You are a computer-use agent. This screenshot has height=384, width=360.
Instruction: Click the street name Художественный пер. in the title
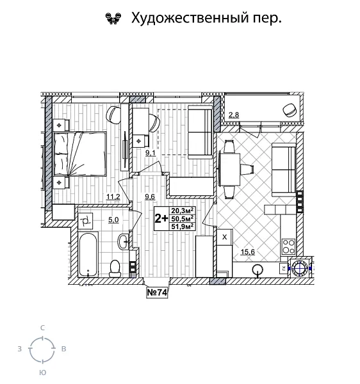pos(206,18)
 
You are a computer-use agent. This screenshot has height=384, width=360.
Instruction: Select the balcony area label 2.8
pos(234,115)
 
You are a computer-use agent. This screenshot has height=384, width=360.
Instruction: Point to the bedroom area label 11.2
pos(113,196)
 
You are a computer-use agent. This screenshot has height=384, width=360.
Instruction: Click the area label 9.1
pos(149,152)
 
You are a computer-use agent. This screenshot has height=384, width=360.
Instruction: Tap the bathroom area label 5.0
pos(113,220)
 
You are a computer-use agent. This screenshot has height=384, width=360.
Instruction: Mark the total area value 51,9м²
pos(183,226)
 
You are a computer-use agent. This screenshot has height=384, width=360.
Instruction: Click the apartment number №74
pos(158,293)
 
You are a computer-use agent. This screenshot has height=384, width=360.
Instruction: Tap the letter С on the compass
pos(42,328)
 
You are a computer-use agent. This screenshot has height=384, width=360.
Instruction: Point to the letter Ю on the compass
pos(42,372)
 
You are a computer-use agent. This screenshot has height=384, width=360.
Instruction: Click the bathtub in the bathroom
pos(88,255)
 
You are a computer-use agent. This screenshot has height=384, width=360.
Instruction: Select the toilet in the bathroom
pos(116,266)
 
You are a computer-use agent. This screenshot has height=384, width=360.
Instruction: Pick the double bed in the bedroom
pos(79,153)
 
